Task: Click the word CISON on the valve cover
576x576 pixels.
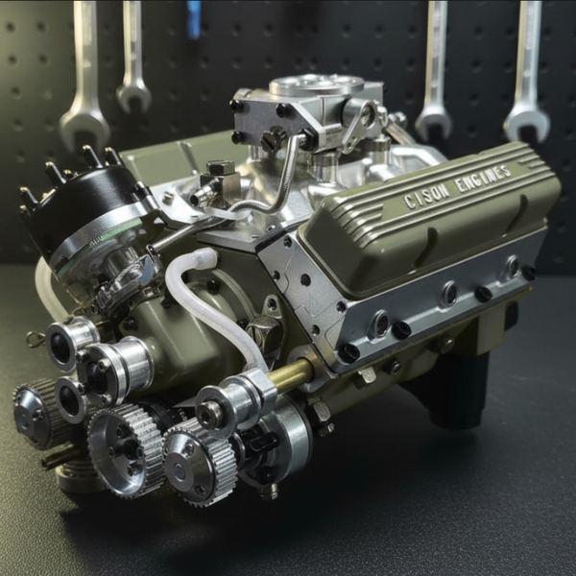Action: tap(426, 196)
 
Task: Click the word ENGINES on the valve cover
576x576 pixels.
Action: tap(484, 179)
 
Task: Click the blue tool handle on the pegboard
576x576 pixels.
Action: tap(193, 18)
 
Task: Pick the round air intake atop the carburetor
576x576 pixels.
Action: tap(316, 85)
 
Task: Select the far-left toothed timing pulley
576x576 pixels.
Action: tap(36, 415)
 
